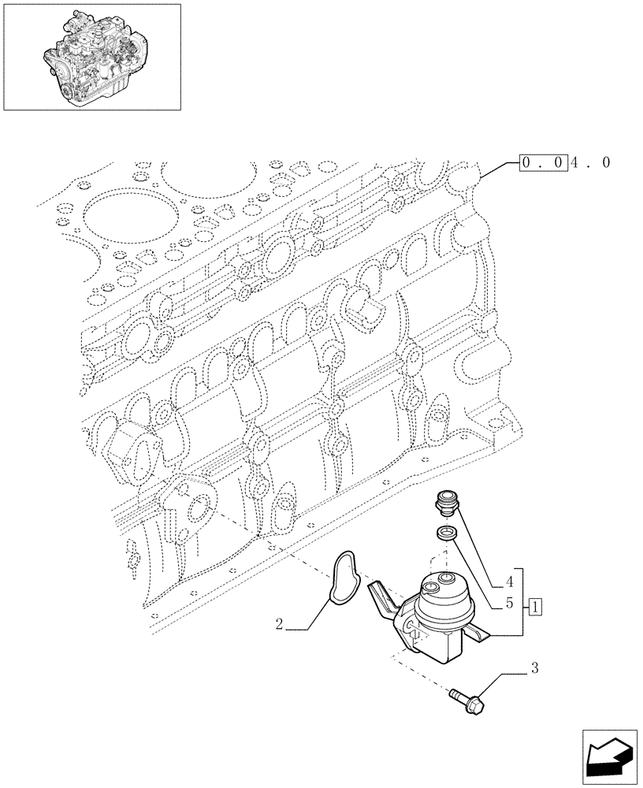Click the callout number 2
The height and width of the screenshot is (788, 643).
pyautogui.click(x=280, y=626)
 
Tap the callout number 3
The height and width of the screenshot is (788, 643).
pyautogui.click(x=535, y=669)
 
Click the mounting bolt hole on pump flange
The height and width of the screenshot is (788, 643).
pyautogui.click(x=409, y=626)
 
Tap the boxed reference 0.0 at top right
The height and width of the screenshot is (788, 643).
pyautogui.click(x=543, y=163)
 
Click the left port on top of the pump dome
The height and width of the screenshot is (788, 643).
pyautogui.click(x=431, y=586)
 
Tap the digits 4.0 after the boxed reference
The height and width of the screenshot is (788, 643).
pyautogui.click(x=590, y=163)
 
